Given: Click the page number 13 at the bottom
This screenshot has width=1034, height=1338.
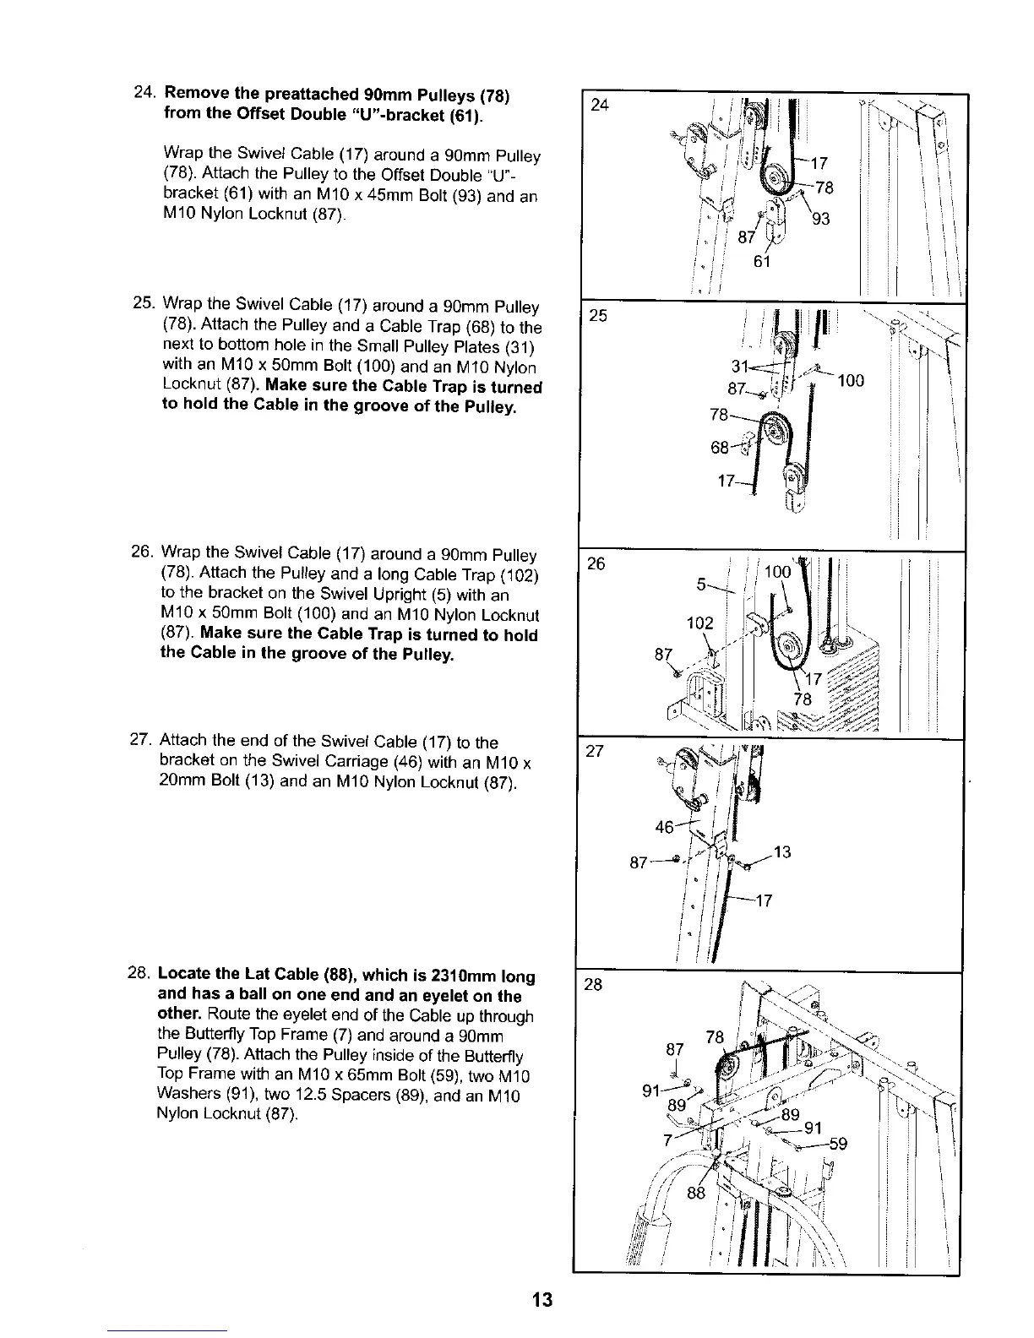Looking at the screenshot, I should click(542, 1298).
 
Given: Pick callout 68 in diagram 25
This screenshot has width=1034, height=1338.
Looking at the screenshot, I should click(721, 449).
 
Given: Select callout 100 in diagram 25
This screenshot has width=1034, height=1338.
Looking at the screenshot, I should click(851, 381).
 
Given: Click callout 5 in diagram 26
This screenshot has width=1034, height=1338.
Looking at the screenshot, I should click(700, 585).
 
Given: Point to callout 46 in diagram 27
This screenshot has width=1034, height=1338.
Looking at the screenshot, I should click(666, 827).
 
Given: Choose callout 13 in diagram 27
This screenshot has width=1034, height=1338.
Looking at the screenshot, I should click(782, 852).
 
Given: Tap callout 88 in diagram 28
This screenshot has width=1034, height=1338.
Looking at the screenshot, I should click(696, 1194).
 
